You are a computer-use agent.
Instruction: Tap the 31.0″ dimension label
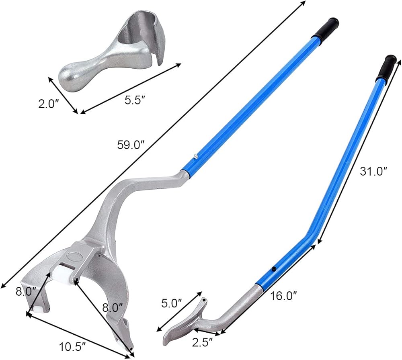click(x=373, y=171)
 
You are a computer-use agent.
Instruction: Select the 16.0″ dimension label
click(x=283, y=296)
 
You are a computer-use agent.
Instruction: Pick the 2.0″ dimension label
click(x=49, y=104)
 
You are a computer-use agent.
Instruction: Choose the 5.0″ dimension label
click(x=172, y=303)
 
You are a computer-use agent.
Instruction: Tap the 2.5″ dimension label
click(x=203, y=343)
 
